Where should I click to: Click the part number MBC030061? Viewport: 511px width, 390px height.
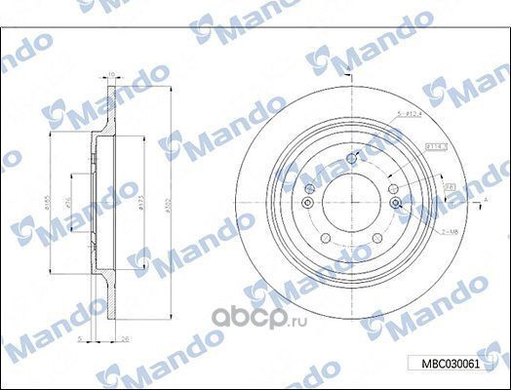(x=450, y=364)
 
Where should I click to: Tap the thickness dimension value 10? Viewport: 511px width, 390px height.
(x=111, y=73)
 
